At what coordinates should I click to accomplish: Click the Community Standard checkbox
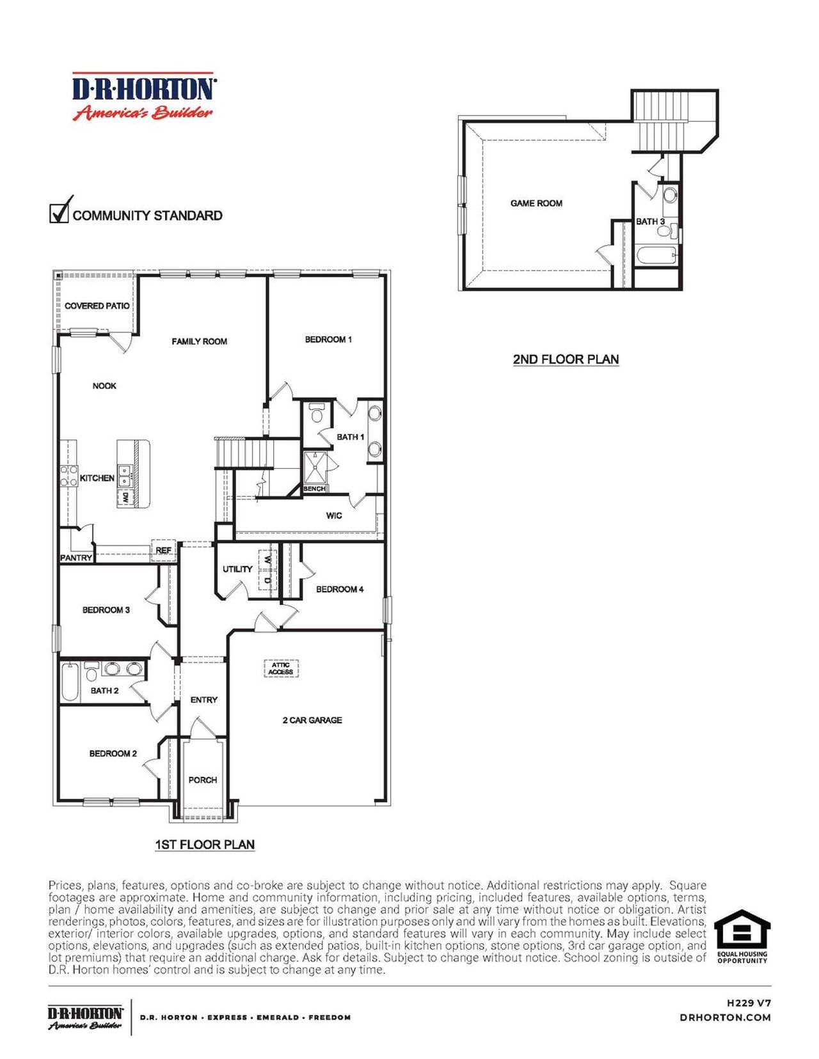(59, 212)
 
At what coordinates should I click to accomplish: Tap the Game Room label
(536, 203)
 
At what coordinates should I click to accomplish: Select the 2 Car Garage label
(312, 720)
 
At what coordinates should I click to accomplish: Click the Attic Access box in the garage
(281, 668)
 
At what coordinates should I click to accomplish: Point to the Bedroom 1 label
(328, 340)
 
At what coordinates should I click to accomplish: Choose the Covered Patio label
(97, 306)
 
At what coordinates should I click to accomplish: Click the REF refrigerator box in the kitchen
(163, 551)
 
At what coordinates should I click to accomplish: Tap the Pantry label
(76, 558)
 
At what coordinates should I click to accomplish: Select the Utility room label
(237, 569)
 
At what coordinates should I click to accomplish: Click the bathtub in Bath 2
(70, 682)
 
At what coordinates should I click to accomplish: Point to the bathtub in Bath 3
(656, 255)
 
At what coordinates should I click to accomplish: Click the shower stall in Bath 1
(314, 467)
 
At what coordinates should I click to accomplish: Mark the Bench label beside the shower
(314, 489)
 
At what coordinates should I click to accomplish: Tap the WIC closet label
(334, 515)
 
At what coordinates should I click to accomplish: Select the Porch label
(203, 780)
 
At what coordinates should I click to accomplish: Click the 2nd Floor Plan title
(566, 359)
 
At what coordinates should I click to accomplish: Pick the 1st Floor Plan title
(205, 845)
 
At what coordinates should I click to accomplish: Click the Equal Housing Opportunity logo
(742, 937)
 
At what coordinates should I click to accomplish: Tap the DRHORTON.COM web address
(725, 1017)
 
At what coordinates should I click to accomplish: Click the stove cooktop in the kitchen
(68, 476)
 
